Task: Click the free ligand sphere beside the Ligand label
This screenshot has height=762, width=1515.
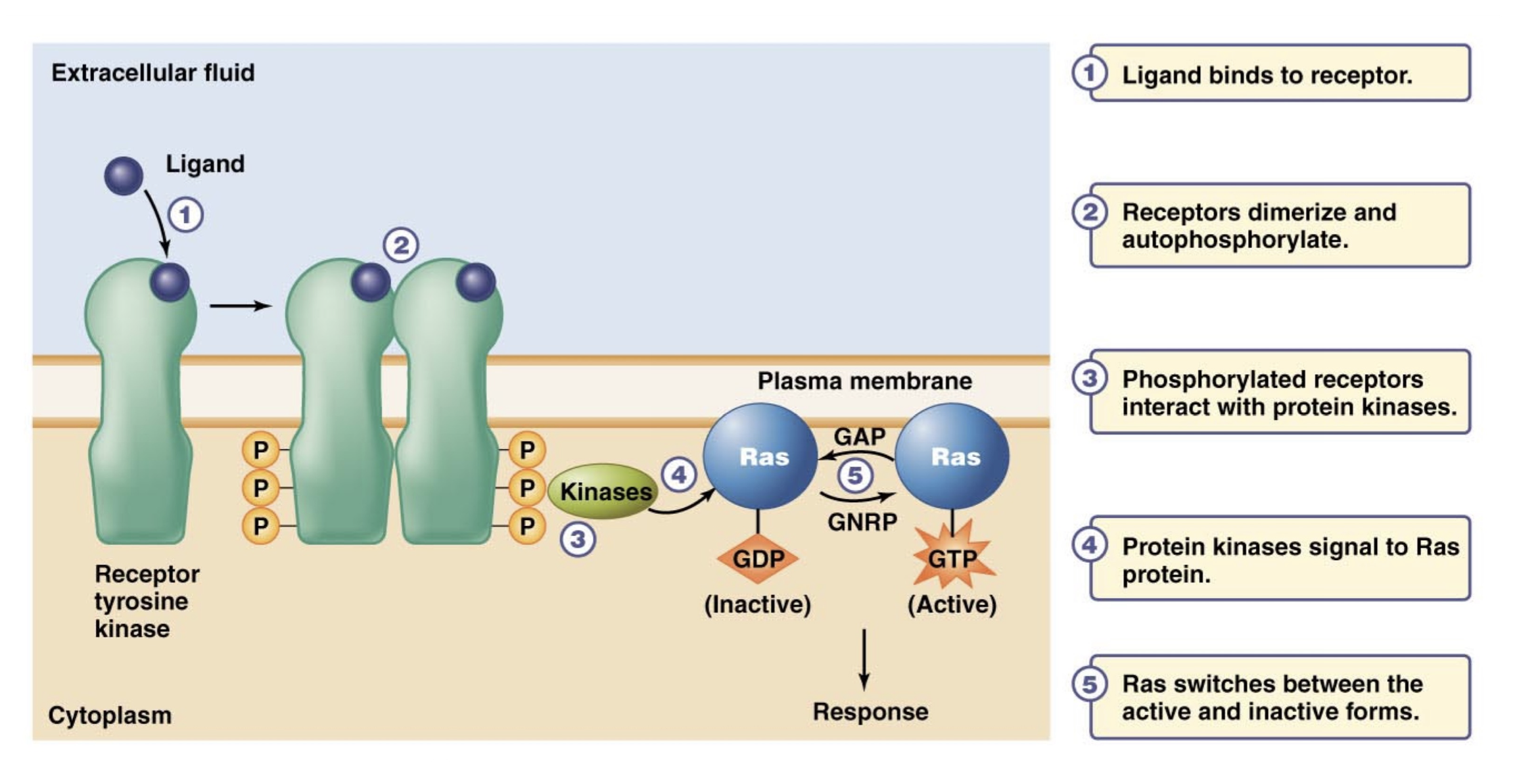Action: (124, 176)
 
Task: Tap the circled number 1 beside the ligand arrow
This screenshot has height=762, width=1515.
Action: (185, 215)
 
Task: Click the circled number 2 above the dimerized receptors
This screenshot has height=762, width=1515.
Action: (400, 245)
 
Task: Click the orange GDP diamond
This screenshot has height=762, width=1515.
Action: (758, 559)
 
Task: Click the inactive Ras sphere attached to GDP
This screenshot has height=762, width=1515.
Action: (760, 456)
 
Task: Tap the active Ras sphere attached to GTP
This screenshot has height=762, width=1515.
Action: (952, 456)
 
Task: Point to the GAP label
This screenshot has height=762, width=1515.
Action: (859, 436)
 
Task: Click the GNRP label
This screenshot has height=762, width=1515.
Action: (862, 522)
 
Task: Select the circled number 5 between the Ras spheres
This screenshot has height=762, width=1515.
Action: (854, 475)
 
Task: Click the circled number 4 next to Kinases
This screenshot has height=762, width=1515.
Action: (678, 474)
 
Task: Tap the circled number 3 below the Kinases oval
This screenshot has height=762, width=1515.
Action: (577, 539)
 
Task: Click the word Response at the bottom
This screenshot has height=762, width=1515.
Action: (870, 711)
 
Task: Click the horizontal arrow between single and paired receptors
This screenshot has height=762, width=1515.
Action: (240, 306)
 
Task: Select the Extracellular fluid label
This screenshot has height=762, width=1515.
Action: (152, 72)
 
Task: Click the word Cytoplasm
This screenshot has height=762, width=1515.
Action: (110, 715)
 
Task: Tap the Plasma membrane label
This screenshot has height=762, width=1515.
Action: (864, 381)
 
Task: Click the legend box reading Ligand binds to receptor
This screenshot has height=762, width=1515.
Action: (1278, 74)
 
